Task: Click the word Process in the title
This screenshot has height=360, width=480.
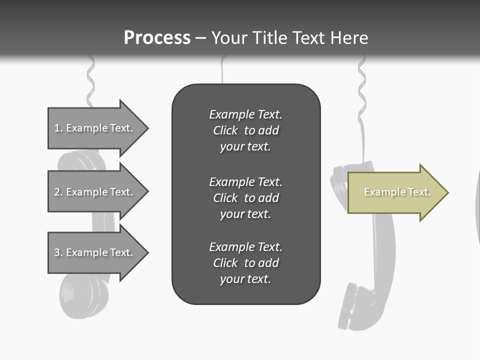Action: pos(157,38)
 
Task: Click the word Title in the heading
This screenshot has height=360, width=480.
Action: pos(270,38)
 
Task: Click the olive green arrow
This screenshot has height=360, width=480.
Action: pos(395,192)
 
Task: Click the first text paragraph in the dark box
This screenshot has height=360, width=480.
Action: pos(245,130)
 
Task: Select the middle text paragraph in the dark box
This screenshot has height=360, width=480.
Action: pos(245,198)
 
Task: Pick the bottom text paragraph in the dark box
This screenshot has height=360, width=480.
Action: pos(245,263)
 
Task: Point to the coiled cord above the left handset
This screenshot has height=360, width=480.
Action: pos(90,80)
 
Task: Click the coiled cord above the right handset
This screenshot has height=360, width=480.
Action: pos(361,90)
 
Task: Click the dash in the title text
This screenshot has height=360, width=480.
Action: pos(201,38)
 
